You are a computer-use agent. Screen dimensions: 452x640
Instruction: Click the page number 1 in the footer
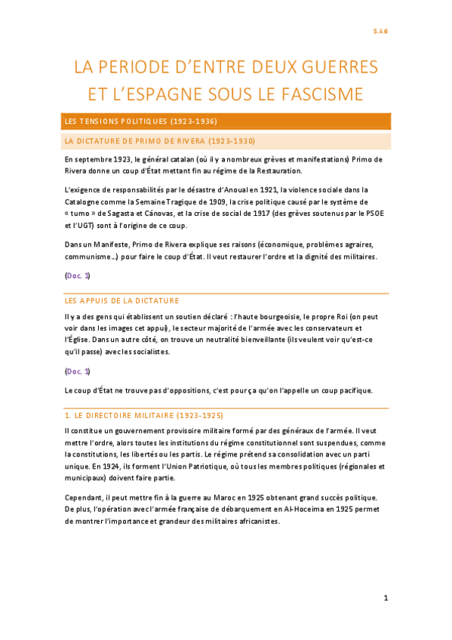[x=385, y=598]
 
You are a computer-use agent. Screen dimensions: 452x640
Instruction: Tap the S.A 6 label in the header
[x=380, y=31]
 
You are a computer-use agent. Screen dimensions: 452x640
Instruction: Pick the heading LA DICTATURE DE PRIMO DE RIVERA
[x=160, y=141]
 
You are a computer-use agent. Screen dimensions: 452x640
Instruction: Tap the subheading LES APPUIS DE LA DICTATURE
[x=121, y=300]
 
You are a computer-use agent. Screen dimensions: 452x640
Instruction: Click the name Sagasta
[x=131, y=214]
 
